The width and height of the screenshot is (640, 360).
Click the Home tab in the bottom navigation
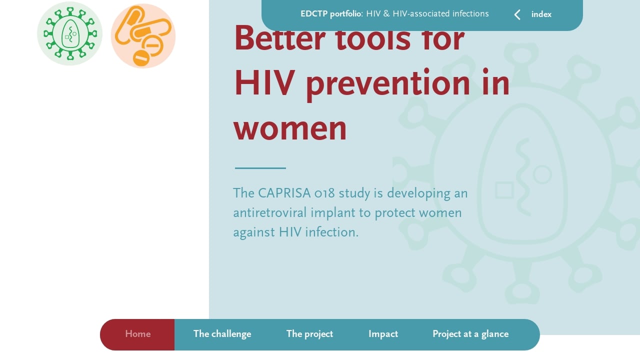pyautogui.click(x=137, y=334)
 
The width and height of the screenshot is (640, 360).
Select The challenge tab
pyautogui.click(x=222, y=334)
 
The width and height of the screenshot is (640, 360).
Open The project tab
pyautogui.click(x=309, y=334)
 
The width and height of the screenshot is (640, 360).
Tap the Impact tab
pyautogui.click(x=383, y=334)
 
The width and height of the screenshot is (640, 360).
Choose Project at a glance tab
pyautogui.click(x=470, y=334)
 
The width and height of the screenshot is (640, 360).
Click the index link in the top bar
pyautogui.click(x=541, y=14)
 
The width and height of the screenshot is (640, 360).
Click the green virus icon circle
pyautogui.click(x=69, y=33)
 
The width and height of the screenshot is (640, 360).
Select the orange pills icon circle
pyautogui.click(x=143, y=36)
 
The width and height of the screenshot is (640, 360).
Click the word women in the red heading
pyautogui.click(x=290, y=127)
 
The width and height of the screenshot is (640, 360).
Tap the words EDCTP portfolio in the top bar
pyautogui.click(x=330, y=14)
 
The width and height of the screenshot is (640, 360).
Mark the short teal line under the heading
pyautogui.click(x=260, y=168)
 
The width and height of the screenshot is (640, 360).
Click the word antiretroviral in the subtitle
pyautogui.click(x=270, y=213)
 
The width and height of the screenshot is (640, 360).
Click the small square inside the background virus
pyautogui.click(x=504, y=190)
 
